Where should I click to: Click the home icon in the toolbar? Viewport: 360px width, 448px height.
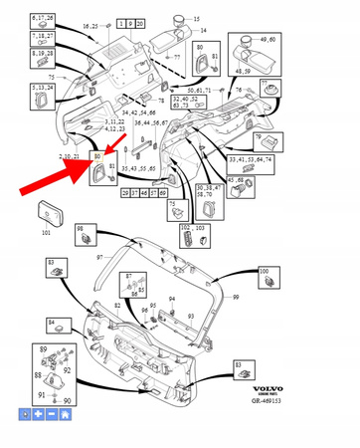(65, 413)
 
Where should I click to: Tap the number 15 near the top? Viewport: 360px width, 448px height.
(195, 19)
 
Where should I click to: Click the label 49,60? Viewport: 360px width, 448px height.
(268, 39)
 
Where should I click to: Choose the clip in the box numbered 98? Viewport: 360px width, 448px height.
(87, 236)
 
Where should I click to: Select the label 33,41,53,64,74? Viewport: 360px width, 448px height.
(251, 159)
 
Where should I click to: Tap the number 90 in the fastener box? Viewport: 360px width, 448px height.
(68, 401)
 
